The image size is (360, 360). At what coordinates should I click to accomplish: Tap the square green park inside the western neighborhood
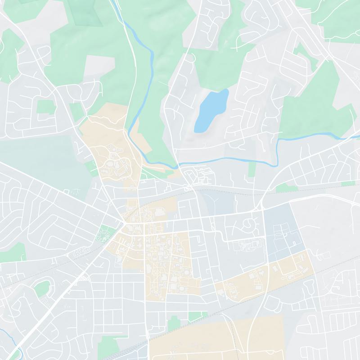45,107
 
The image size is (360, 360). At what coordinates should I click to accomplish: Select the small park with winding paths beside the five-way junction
104,233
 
